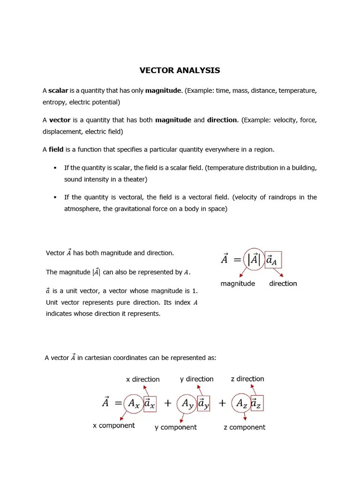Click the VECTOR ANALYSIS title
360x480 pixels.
pos(180,71)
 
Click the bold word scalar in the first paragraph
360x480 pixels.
pos(58,90)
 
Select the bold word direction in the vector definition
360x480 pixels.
pos(222,120)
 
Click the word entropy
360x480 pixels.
pos(53,102)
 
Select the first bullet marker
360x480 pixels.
pos(55,168)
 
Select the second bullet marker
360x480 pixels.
pos(55,197)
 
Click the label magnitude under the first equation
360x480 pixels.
pos(238,284)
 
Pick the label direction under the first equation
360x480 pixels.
pos(283,284)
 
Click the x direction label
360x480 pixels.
pos(143,379)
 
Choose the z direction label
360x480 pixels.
pos(247,379)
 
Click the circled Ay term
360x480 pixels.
pos(187,403)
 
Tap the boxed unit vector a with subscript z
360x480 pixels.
pos(256,403)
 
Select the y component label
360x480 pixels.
pos(176,427)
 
